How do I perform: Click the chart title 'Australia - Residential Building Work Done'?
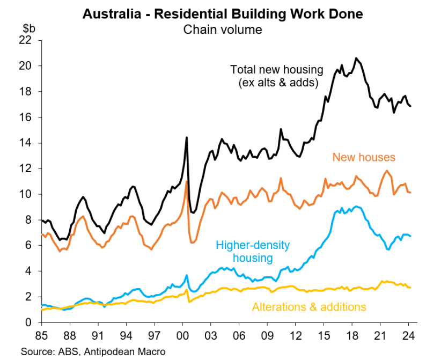223,13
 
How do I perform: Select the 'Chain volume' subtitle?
223,29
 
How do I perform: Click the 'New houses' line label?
364,158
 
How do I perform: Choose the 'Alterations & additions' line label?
309,307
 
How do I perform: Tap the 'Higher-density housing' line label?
252,252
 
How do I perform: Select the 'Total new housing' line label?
277,76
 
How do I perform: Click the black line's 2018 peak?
356,58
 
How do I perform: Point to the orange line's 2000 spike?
187,181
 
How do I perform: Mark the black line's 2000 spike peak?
187,137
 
